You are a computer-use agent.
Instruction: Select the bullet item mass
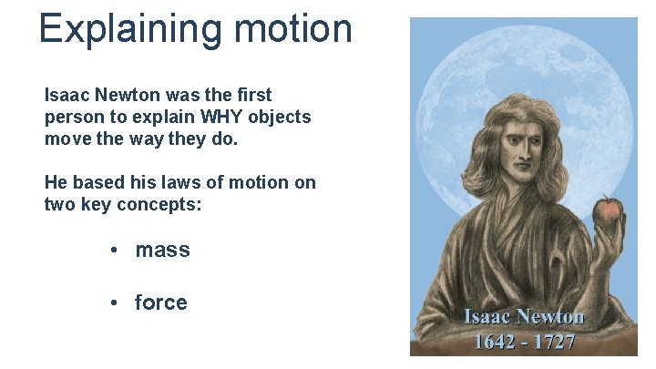point(162,250)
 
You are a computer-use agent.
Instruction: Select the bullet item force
point(160,302)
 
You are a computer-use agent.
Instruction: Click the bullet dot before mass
point(114,250)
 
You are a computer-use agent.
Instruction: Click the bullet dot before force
point(114,302)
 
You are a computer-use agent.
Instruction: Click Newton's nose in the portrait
point(520,156)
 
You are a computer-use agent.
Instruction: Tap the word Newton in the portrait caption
point(549,318)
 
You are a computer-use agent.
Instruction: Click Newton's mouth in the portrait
point(522,172)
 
